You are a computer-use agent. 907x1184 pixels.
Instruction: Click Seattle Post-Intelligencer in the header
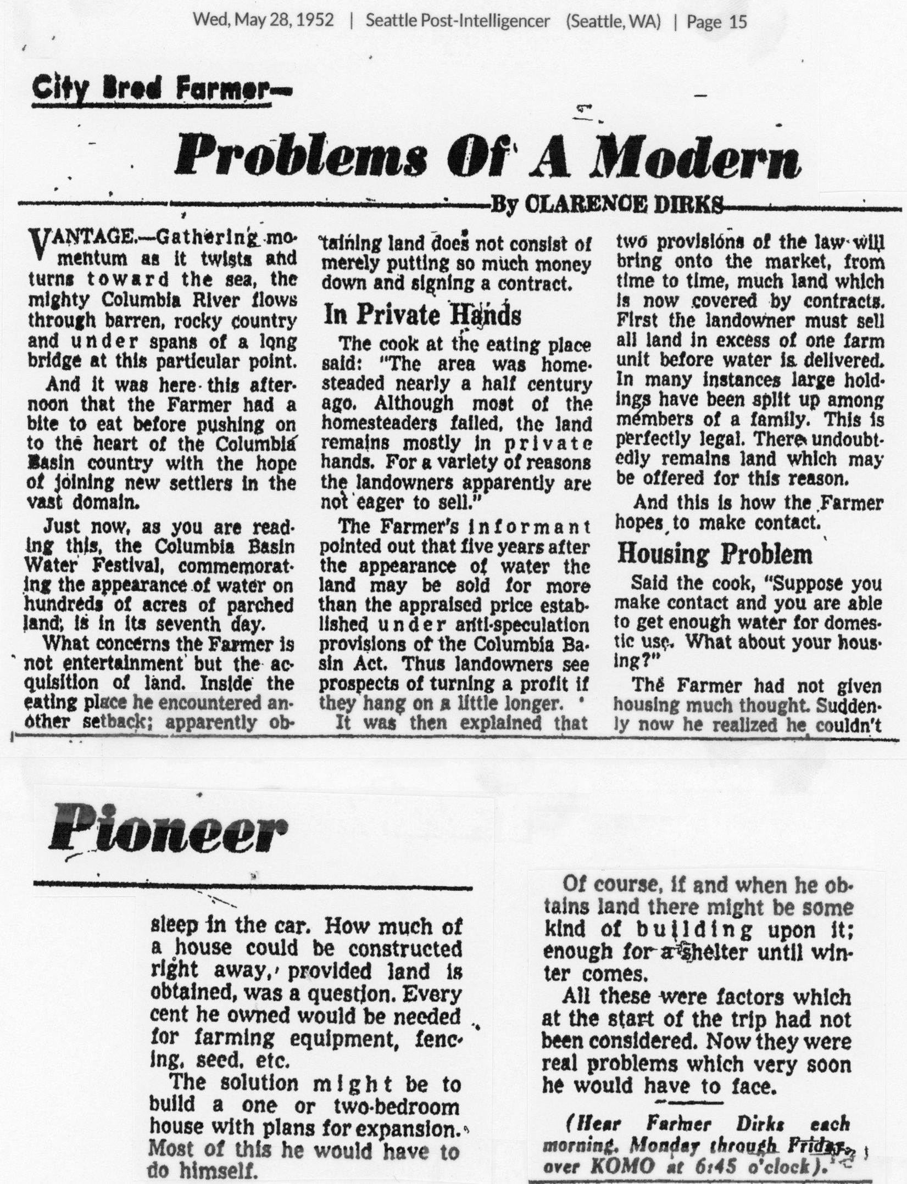(458, 21)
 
